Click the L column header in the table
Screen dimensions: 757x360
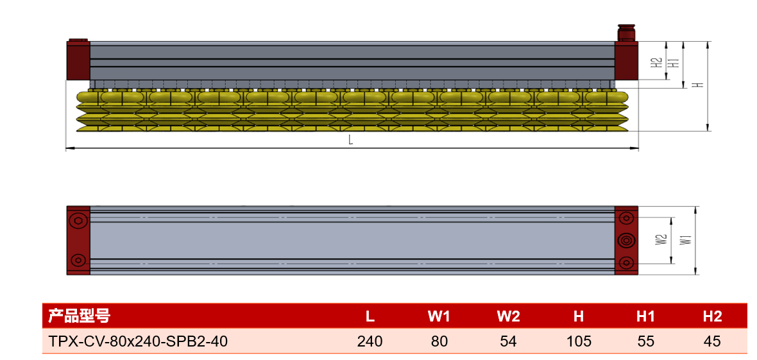pos(370,316)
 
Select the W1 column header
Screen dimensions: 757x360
pos(439,316)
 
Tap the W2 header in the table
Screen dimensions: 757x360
pos(508,316)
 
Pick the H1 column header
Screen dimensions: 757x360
pos(645,316)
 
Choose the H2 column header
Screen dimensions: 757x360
pos(712,316)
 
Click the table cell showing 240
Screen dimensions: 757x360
pos(370,341)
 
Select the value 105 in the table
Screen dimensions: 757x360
pos(579,341)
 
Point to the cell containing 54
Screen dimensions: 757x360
pos(508,341)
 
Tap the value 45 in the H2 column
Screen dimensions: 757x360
pos(712,341)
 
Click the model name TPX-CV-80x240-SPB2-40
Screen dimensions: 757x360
pos(137,341)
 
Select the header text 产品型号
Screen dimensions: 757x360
pos(79,316)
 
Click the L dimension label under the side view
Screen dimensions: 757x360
pos(351,141)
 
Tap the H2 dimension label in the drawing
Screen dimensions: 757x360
pos(656,62)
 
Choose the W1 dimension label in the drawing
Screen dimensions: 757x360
pos(685,239)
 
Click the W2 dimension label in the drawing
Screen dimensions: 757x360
pos(660,239)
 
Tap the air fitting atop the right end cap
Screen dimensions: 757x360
pos(626,32)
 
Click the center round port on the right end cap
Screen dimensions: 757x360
pos(626,239)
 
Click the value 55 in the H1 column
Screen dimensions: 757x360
pos(645,341)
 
